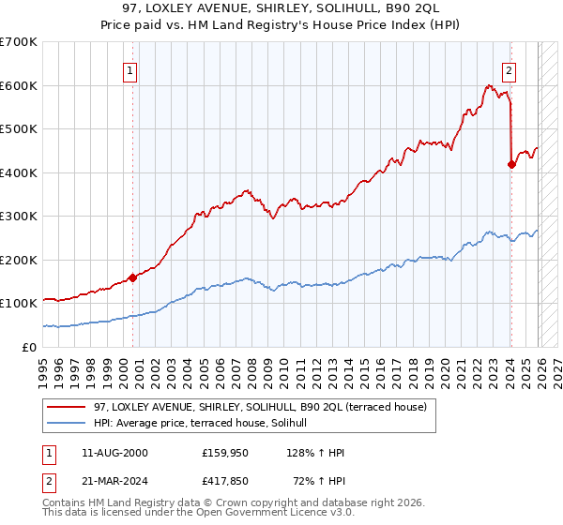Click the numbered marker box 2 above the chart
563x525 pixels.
[x=509, y=68]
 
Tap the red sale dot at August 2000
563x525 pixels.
[x=132, y=277]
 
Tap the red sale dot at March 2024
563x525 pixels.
[x=511, y=165]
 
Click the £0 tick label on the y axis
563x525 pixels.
[x=28, y=347]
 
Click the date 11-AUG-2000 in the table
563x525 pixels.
[x=108, y=453]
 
